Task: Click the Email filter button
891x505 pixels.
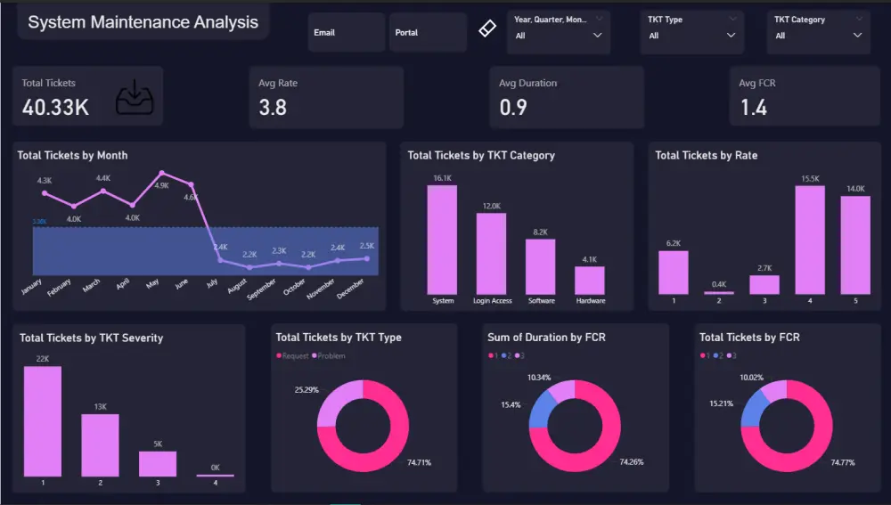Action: (346, 33)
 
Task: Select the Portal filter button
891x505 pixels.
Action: (428, 33)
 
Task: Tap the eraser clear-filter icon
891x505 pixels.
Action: (486, 29)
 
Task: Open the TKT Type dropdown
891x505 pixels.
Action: (692, 35)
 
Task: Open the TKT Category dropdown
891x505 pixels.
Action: (819, 35)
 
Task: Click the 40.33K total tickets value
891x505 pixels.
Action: (55, 107)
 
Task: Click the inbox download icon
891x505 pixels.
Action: (135, 98)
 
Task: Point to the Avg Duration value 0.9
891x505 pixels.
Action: (513, 108)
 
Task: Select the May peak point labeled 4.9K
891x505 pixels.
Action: (162, 174)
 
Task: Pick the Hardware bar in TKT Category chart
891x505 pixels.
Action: (590, 281)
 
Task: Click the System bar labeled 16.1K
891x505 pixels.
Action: (442, 240)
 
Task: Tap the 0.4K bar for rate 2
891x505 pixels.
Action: (718, 292)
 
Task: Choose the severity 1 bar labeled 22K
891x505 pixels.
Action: (43, 421)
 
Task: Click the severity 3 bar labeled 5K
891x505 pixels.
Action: (158, 463)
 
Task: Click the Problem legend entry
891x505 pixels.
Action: (328, 356)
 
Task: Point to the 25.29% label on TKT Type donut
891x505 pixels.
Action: (307, 389)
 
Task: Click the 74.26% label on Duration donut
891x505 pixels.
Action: (629, 462)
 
